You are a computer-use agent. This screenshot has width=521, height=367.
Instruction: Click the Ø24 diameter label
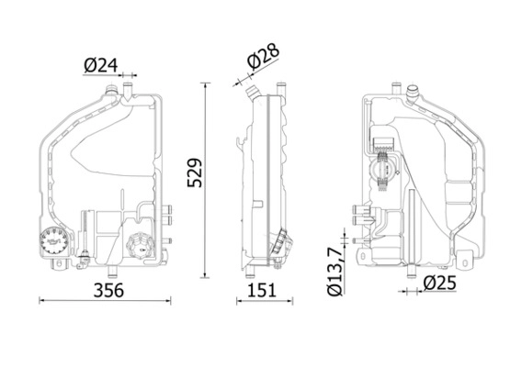(101, 66)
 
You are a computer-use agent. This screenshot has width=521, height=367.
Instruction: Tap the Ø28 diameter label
(263, 58)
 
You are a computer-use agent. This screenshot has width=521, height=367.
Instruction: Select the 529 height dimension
(195, 172)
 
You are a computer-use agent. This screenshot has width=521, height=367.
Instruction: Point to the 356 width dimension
(108, 290)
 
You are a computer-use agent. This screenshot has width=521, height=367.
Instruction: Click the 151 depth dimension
(262, 290)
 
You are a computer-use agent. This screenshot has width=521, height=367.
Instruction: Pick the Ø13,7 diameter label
(334, 272)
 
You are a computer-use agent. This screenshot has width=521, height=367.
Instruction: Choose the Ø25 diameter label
(440, 284)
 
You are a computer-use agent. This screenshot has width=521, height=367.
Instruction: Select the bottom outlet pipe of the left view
(113, 272)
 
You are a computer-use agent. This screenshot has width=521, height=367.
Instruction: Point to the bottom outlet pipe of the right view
(412, 272)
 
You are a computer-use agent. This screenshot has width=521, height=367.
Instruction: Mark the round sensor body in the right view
(384, 171)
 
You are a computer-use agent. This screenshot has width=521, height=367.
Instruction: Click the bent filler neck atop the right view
(413, 94)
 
